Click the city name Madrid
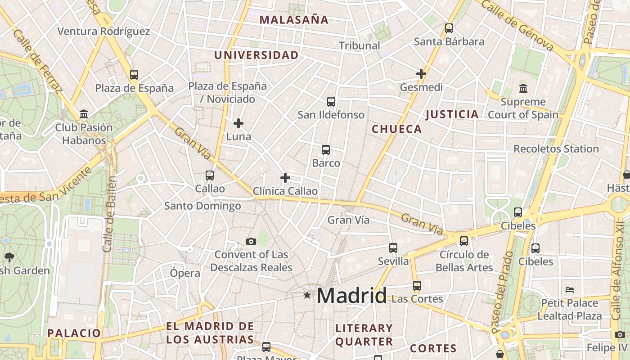351,296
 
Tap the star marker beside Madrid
307,295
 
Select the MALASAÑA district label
294,20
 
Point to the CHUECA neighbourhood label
397,129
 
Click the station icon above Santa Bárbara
449,28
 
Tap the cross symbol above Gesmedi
421,74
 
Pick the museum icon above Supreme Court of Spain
523,88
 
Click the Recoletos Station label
556,148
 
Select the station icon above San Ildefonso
331,102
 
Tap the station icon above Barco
326,150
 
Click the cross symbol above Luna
238,123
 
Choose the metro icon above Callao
210,175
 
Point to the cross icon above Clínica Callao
285,178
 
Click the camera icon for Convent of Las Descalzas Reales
251,242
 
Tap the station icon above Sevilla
393,248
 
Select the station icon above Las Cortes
417,286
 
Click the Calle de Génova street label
517,25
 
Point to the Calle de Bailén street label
109,214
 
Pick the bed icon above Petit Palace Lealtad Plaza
570,289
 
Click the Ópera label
185,273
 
